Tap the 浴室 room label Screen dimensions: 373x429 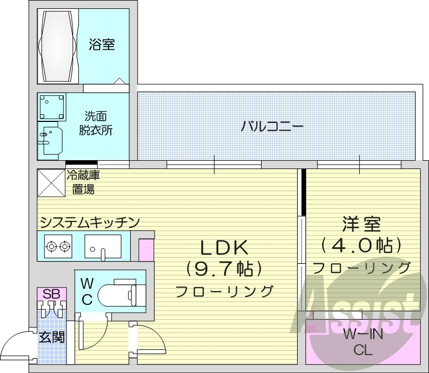coord(102,44)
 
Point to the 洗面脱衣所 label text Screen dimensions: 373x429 coord(99,123)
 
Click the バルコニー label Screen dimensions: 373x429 coord(272,126)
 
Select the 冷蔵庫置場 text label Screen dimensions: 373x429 coord(86,182)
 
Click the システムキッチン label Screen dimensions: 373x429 coord(89,222)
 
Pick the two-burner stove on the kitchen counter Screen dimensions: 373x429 coord(58,246)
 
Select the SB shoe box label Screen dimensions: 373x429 coord(52,293)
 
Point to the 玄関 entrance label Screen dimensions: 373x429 coord(52,336)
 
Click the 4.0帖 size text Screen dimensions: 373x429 coord(361,244)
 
